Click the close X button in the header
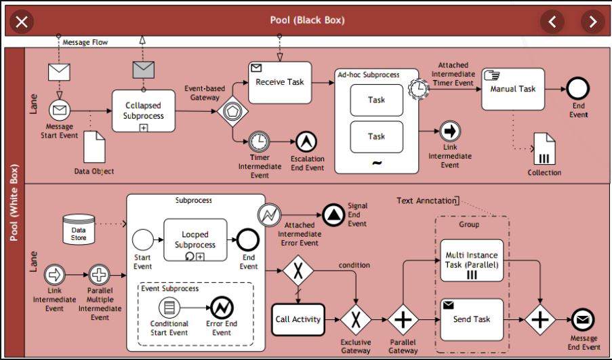click(22, 22)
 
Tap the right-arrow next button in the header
click(593, 22)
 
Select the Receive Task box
click(279, 82)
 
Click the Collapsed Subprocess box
click(143, 111)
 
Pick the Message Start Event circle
click(60, 111)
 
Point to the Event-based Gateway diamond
click(232, 111)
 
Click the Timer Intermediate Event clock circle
click(258, 141)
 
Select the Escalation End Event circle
click(306, 141)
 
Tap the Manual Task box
click(513, 89)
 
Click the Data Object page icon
click(95, 146)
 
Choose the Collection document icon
click(544, 149)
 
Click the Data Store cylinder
click(79, 229)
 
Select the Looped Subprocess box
click(195, 240)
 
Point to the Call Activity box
click(298, 319)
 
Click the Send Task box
click(472, 319)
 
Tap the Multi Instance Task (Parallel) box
click(472, 261)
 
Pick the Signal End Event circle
click(333, 214)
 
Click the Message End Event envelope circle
click(582, 319)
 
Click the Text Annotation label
click(426, 201)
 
